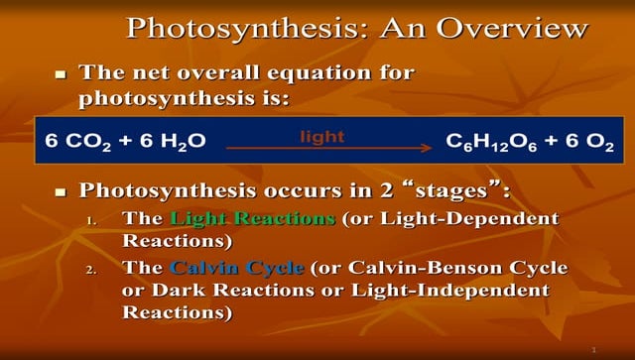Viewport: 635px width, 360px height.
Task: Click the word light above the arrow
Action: point(322,136)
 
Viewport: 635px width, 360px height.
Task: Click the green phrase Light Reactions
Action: point(253,218)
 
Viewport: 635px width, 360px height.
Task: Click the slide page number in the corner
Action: point(592,350)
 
